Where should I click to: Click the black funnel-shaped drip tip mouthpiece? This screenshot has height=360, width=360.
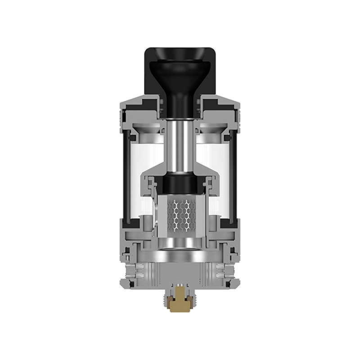tap(180, 76)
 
